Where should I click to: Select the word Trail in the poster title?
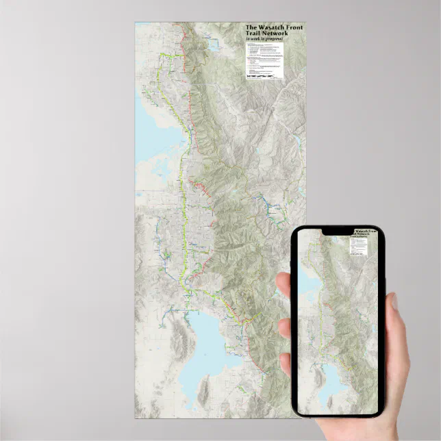pos(255,34)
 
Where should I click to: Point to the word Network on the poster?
pos(276,34)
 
